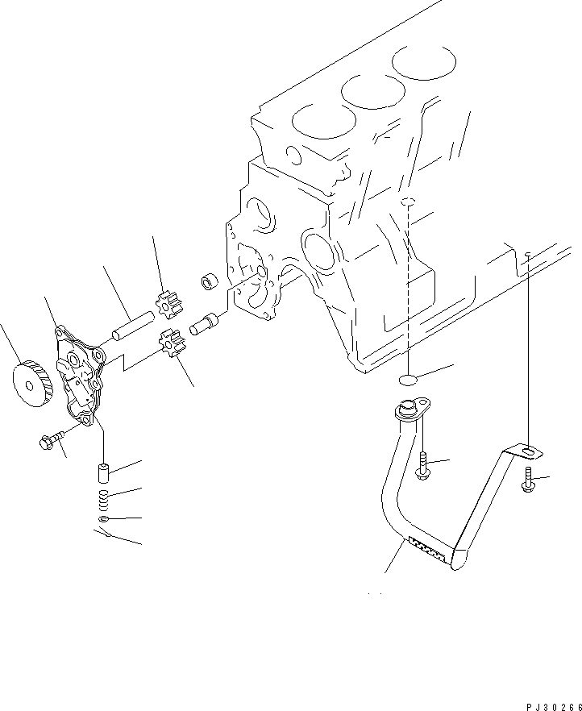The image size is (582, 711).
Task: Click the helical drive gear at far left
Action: [x=31, y=383]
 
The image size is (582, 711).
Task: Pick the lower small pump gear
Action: [x=171, y=343]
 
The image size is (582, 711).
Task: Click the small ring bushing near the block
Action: [x=209, y=282]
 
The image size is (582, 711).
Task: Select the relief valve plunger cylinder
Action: [x=104, y=473]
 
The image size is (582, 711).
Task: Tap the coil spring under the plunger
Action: [x=104, y=501]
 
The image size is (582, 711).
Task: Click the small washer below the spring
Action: [x=103, y=519]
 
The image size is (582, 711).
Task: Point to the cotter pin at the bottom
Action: [x=103, y=534]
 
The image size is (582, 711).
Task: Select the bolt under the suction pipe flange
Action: [x=422, y=466]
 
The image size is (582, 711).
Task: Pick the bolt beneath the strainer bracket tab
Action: [x=528, y=480]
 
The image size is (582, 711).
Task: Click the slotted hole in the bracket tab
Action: [x=529, y=451]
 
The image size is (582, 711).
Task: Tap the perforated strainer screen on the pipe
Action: [x=427, y=550]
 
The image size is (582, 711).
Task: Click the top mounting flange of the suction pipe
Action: [x=412, y=408]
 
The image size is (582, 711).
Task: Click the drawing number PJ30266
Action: [x=554, y=706]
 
